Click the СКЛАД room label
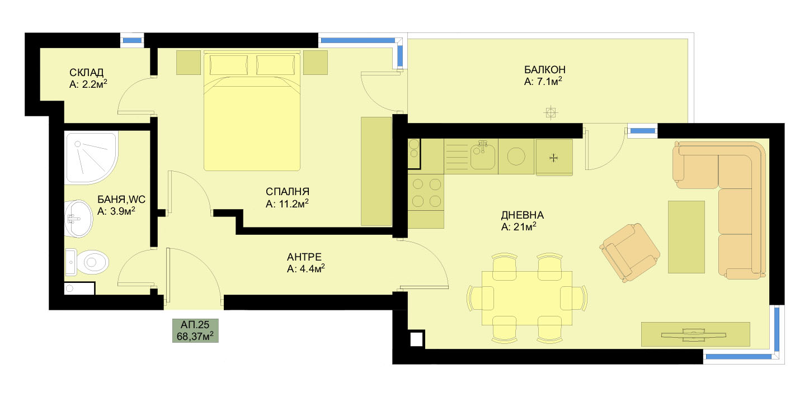coord(86,73)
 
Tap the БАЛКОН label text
coord(544,70)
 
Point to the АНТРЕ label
coord(304,257)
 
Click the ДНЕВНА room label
coord(522,215)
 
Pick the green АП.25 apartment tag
coord(195,330)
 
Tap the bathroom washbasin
coord(78,219)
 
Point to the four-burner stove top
coord(426,193)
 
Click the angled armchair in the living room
coord(630,252)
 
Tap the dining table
coord(527,297)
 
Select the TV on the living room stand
coord(693,334)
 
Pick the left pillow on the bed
coord(228,65)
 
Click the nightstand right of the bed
coord(316,63)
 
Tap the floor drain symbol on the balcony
coord(551,113)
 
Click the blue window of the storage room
coord(132,40)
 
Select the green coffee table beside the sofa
coord(686,237)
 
